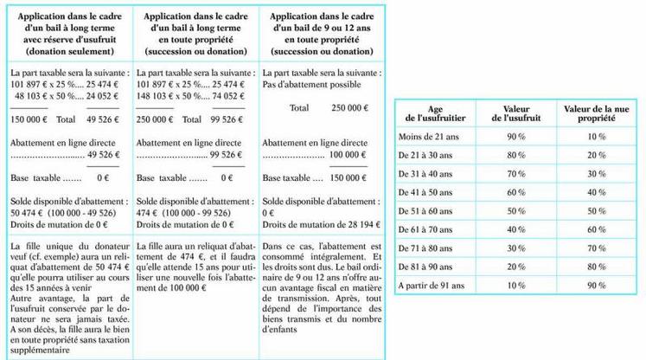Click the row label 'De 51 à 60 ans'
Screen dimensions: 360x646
[x=426, y=210]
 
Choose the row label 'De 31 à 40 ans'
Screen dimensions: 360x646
[x=426, y=173]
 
